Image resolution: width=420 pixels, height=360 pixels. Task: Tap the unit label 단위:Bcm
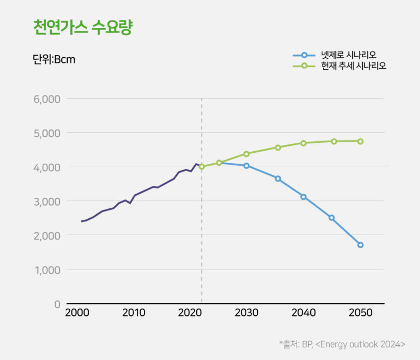pyautogui.click(x=54, y=59)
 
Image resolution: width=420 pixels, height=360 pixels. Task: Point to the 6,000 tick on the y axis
pyautogui.click(x=46, y=99)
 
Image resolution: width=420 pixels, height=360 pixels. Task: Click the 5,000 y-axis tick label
pyautogui.click(x=46, y=133)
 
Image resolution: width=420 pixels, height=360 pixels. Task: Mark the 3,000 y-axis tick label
pyautogui.click(x=46, y=201)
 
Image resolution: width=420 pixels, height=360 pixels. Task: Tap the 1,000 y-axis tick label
pyautogui.click(x=47, y=270)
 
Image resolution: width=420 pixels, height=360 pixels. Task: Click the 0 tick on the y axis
pyautogui.click(x=57, y=304)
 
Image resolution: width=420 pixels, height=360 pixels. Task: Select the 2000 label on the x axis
pyautogui.click(x=77, y=313)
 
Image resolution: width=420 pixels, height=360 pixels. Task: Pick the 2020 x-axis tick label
pyautogui.click(x=190, y=313)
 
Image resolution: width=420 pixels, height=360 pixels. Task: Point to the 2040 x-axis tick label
pyautogui.click(x=303, y=313)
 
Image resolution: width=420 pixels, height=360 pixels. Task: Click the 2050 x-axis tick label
pyautogui.click(x=360, y=313)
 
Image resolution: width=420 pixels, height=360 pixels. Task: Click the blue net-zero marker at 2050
pyautogui.click(x=360, y=245)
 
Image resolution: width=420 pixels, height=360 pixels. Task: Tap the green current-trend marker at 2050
pyautogui.click(x=360, y=141)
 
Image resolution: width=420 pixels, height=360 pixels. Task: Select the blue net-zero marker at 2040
pyautogui.click(x=303, y=197)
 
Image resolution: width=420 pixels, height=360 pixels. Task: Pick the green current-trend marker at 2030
pyautogui.click(x=246, y=154)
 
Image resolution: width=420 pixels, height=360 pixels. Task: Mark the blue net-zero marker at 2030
pyautogui.click(x=246, y=166)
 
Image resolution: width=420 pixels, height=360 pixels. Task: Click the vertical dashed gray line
pyautogui.click(x=202, y=236)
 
